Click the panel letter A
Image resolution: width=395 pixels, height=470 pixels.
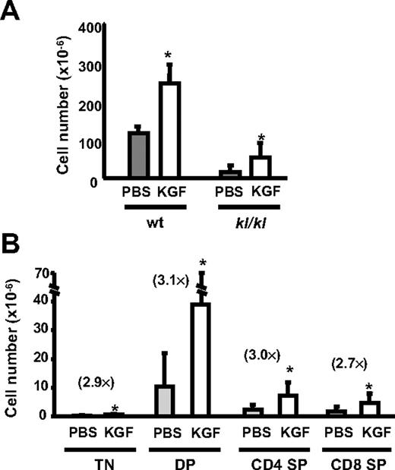click(14, 12)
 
